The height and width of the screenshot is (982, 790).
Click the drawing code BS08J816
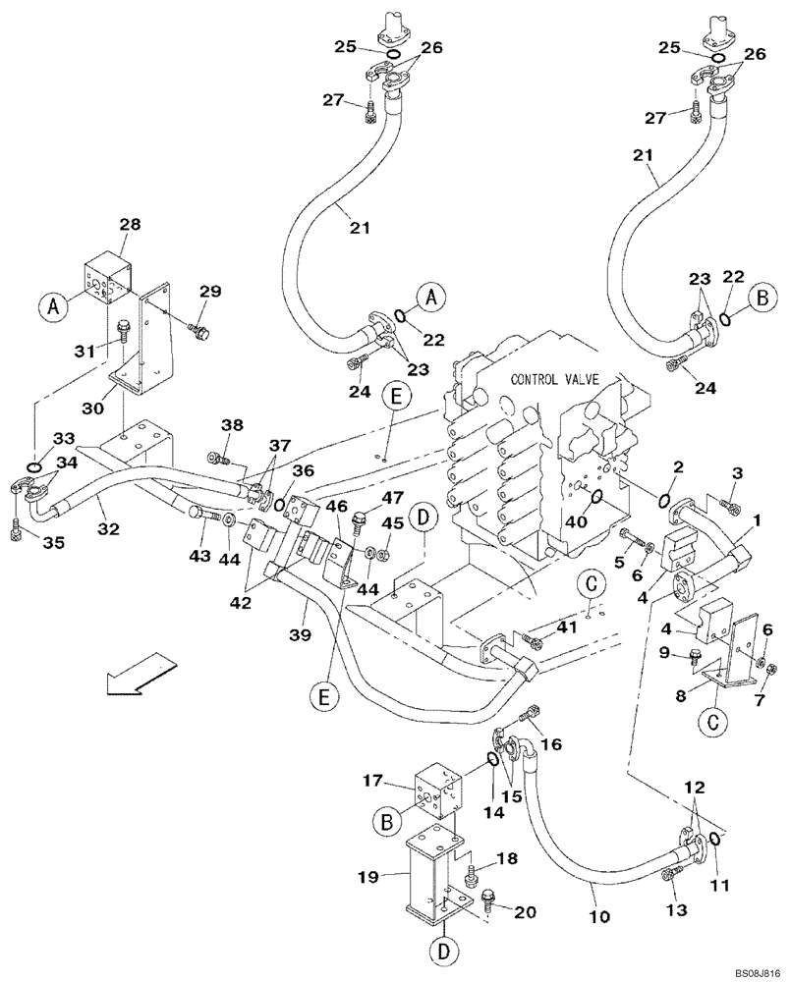click(x=752, y=968)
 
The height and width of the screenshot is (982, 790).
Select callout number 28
click(x=131, y=226)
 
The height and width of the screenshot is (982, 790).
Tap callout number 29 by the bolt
click(x=210, y=291)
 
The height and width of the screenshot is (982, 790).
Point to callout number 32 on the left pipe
click(x=108, y=528)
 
